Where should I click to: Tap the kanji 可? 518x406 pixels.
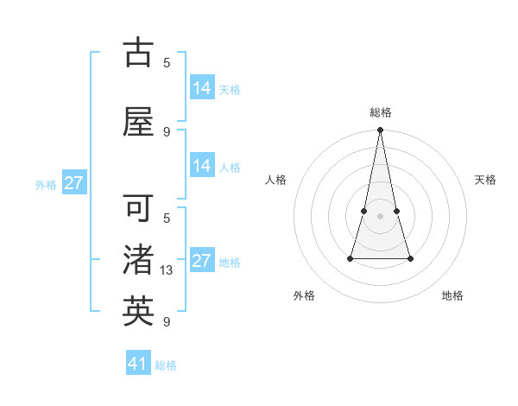(x=139, y=208)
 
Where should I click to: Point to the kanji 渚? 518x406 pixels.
(x=139, y=260)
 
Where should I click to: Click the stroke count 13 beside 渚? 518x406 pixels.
(x=167, y=270)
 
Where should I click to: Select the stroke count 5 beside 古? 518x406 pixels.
(x=167, y=62)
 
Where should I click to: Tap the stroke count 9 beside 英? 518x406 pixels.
(x=167, y=322)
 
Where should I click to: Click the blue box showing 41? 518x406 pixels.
(x=139, y=364)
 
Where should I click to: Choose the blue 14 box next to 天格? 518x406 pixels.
(x=202, y=87)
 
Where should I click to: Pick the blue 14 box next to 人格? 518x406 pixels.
(x=202, y=166)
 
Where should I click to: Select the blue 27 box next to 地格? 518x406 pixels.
(x=202, y=261)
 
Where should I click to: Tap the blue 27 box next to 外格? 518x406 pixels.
(x=74, y=183)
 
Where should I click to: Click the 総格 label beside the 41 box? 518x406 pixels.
(x=166, y=365)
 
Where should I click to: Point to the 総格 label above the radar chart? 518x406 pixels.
(x=380, y=112)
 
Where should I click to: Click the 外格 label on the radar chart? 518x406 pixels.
(x=304, y=295)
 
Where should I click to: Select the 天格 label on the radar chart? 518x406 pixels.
(x=485, y=180)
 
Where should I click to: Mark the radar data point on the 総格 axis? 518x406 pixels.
(x=380, y=130)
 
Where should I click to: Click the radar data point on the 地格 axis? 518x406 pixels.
(x=410, y=258)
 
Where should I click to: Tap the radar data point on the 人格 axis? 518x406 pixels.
(x=364, y=211)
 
